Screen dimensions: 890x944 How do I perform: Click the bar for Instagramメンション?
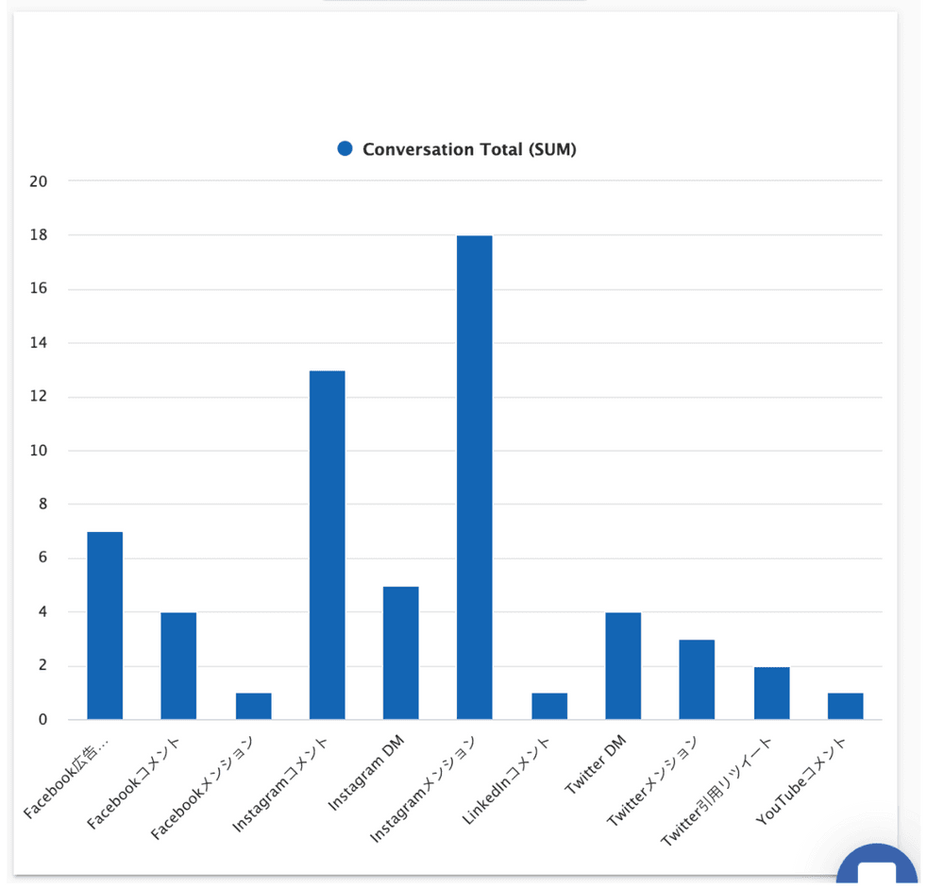474,477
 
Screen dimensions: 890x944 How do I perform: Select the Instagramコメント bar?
327,545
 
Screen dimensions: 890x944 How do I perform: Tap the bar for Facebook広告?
105,625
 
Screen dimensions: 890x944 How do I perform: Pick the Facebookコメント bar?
178,666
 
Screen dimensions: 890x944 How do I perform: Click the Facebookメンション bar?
253,707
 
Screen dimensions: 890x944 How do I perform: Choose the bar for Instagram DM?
400,653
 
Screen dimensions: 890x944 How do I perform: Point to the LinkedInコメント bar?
548,707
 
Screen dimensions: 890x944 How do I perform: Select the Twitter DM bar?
623,666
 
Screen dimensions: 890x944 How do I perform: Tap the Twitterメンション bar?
697,679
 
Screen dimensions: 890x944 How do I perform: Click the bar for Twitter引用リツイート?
771,693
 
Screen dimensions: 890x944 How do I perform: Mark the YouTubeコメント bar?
845,707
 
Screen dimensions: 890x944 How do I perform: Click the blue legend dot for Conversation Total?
345,148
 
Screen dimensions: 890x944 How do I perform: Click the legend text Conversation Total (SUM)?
469,149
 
